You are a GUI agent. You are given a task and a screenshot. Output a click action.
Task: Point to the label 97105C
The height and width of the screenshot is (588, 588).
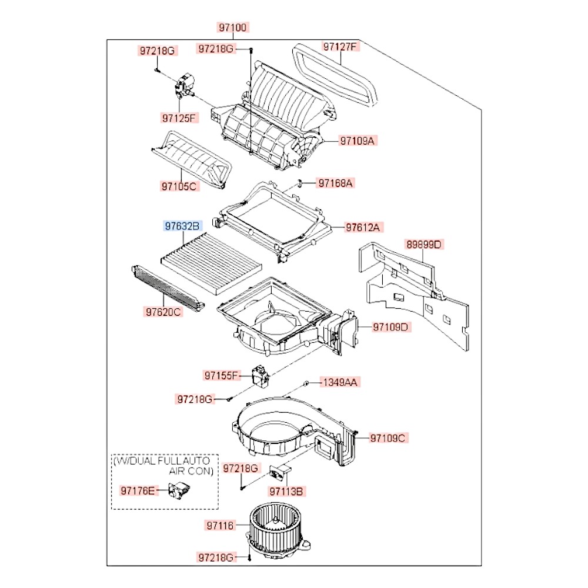click(x=180, y=187)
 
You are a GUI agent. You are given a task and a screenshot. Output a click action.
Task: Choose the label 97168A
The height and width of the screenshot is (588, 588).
click(x=336, y=183)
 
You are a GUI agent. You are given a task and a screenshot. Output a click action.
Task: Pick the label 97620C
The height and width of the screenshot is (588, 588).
click(x=163, y=312)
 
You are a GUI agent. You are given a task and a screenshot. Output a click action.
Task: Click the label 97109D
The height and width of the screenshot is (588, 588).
click(x=389, y=327)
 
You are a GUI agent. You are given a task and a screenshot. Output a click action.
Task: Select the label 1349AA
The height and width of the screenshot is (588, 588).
click(x=339, y=382)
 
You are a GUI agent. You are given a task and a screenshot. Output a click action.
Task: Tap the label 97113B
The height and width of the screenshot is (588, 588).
click(x=287, y=490)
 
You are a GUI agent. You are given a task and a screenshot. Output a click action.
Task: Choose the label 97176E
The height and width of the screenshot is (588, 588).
click(x=139, y=489)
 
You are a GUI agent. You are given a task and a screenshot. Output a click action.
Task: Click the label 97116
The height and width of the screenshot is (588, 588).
click(x=220, y=526)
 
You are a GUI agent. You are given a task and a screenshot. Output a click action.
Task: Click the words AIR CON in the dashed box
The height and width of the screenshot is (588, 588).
click(x=191, y=471)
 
